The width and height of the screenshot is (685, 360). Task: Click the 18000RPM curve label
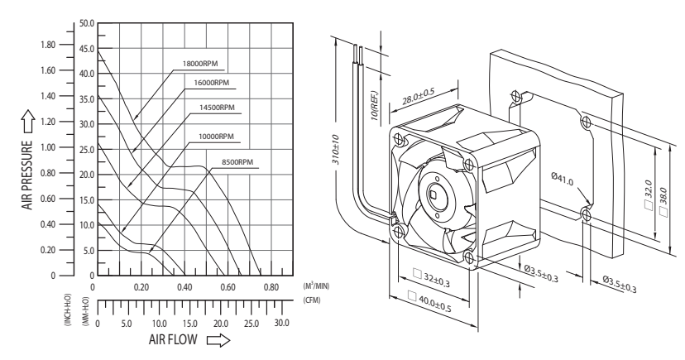pyautogui.click(x=200, y=64)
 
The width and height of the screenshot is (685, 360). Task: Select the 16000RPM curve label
pyautogui.click(x=212, y=83)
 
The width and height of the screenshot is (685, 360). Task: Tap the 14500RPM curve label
pyautogui.click(x=217, y=108)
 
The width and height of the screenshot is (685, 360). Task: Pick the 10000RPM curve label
pyautogui.click(x=216, y=137)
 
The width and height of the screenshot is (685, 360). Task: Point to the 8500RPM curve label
pyautogui.click(x=237, y=162)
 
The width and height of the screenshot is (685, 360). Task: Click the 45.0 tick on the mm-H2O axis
pyautogui.click(x=87, y=49)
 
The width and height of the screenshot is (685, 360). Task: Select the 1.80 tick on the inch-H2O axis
pyautogui.click(x=48, y=45)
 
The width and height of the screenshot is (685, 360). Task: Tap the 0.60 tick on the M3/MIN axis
pyautogui.click(x=228, y=287)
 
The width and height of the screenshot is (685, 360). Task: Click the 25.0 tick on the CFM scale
pyautogui.click(x=251, y=324)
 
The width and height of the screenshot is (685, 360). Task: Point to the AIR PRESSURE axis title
pyautogui.click(x=27, y=175)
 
